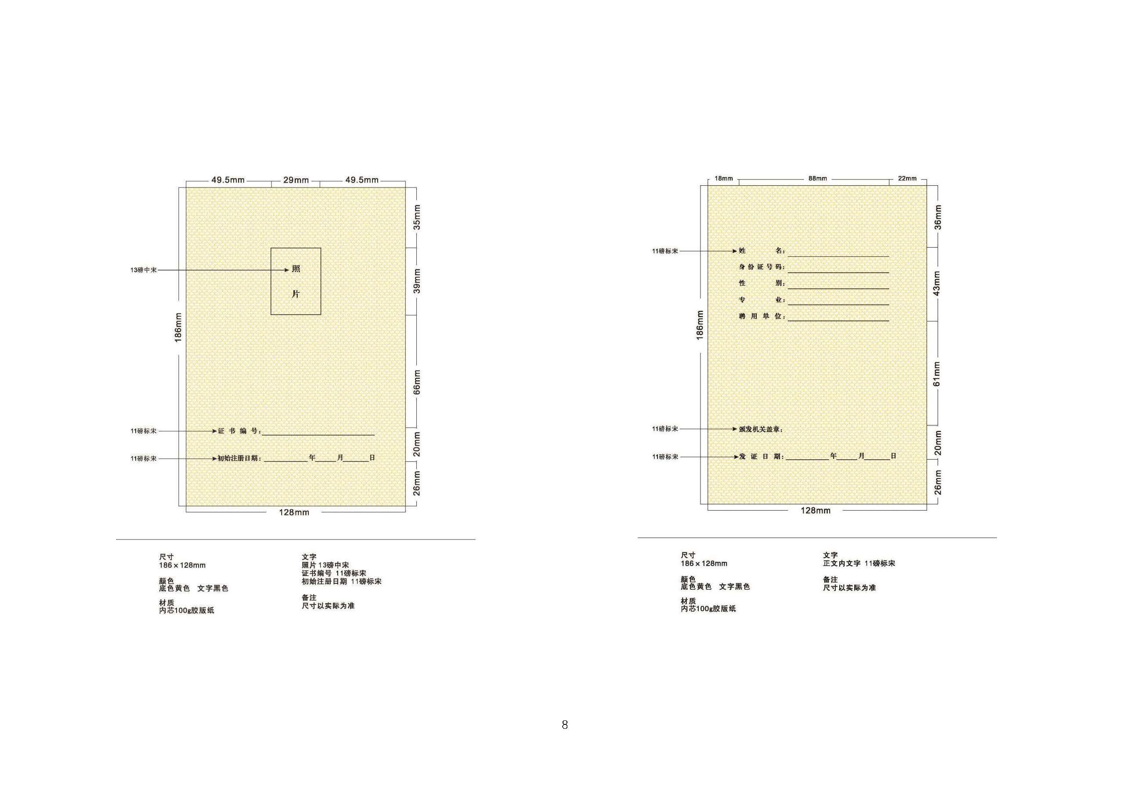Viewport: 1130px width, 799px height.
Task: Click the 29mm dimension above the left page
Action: click(x=296, y=180)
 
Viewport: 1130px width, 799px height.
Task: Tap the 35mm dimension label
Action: click(x=417, y=217)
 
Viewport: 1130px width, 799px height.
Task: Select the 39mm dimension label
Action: click(x=417, y=281)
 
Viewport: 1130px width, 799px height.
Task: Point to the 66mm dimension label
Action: click(x=417, y=382)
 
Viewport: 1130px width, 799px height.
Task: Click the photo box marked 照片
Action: click(x=271, y=281)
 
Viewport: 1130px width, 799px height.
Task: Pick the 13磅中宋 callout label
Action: click(x=144, y=270)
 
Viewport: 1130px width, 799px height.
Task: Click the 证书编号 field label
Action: click(x=239, y=431)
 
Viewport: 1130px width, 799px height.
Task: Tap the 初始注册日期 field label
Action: click(x=239, y=458)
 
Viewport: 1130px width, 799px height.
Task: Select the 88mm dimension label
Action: click(x=817, y=179)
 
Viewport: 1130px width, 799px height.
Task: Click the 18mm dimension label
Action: click(x=723, y=179)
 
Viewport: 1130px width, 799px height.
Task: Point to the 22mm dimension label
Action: click(x=907, y=179)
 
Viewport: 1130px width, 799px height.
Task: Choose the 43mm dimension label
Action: click(x=937, y=284)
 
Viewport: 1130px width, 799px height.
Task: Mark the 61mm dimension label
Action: click(x=937, y=374)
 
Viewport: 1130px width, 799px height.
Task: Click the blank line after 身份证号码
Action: click(x=838, y=273)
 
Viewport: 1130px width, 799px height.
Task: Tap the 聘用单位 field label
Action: click(x=762, y=317)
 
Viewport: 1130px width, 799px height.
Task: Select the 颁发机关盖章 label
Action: click(x=760, y=429)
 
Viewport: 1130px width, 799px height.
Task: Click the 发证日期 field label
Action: click(x=762, y=457)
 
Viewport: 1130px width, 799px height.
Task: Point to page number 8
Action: click(x=564, y=725)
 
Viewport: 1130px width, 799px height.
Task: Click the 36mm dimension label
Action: click(x=938, y=217)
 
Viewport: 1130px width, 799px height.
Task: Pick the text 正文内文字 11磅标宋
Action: click(x=859, y=563)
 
